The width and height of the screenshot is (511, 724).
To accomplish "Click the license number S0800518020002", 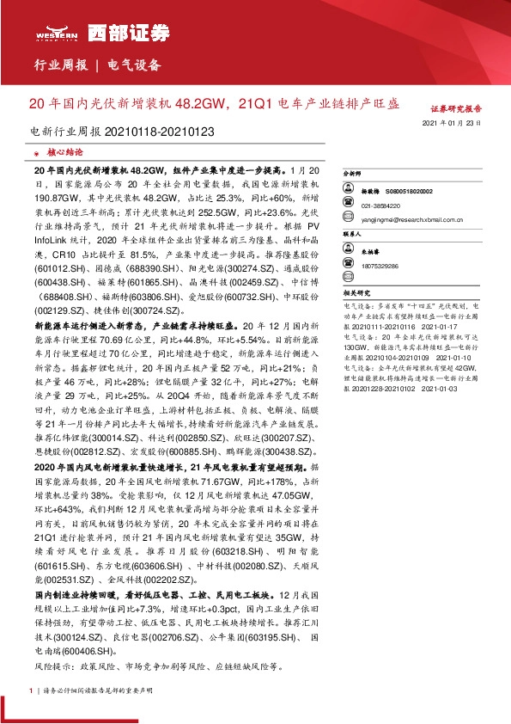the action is click(409, 192).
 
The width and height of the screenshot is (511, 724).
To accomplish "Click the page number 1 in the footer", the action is click(32, 690).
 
